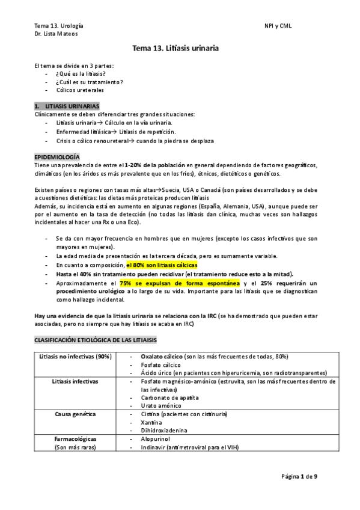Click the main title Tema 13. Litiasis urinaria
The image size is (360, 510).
[x=180, y=48]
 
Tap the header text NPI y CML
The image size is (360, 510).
[x=277, y=26]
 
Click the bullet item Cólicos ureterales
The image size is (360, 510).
[x=80, y=90]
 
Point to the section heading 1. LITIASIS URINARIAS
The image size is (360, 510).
[x=72, y=106]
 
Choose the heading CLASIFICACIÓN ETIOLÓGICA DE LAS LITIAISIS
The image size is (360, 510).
[x=96, y=340]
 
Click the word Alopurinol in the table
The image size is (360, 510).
[x=156, y=439]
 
